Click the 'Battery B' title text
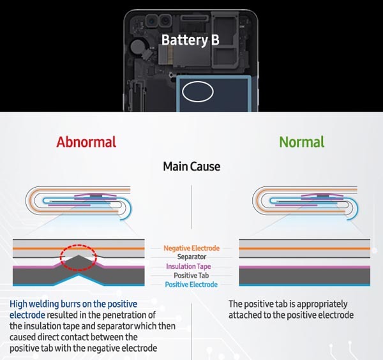click(x=190, y=40)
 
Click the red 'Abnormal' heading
click(x=86, y=142)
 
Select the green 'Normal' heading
click(x=302, y=142)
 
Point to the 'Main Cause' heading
click(x=191, y=167)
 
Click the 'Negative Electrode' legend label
click(x=191, y=248)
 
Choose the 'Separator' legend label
click(x=191, y=257)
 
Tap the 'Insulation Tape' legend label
click(x=188, y=266)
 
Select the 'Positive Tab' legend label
click(x=191, y=276)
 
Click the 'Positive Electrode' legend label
click(x=191, y=285)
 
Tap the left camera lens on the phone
click(x=152, y=21)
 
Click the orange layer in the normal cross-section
click(x=304, y=249)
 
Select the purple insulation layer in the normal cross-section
click(x=304, y=267)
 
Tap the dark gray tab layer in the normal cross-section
click(x=304, y=276)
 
